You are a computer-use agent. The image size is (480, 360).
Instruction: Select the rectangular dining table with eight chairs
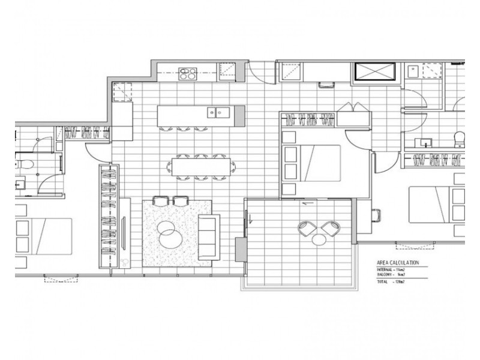(x=200, y=166)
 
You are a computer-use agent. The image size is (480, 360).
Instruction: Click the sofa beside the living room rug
(x=209, y=236)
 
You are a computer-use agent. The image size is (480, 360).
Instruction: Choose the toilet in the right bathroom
(x=458, y=139)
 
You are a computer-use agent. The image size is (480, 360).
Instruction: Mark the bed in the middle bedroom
(x=311, y=160)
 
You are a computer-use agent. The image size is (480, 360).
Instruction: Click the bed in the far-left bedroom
(x=44, y=234)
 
